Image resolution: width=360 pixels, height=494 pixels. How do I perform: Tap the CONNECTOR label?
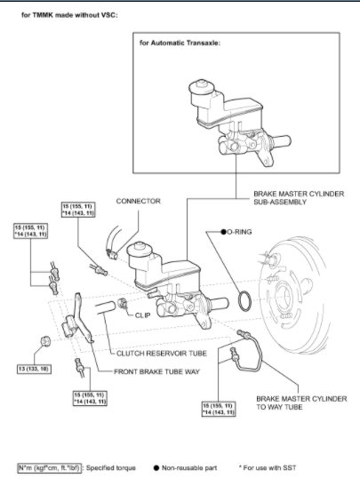139,201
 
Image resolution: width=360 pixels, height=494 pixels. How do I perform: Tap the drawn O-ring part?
249,301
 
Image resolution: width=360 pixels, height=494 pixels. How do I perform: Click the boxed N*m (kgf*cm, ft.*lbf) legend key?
46,466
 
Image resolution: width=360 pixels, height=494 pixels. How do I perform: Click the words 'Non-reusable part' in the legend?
194,466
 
